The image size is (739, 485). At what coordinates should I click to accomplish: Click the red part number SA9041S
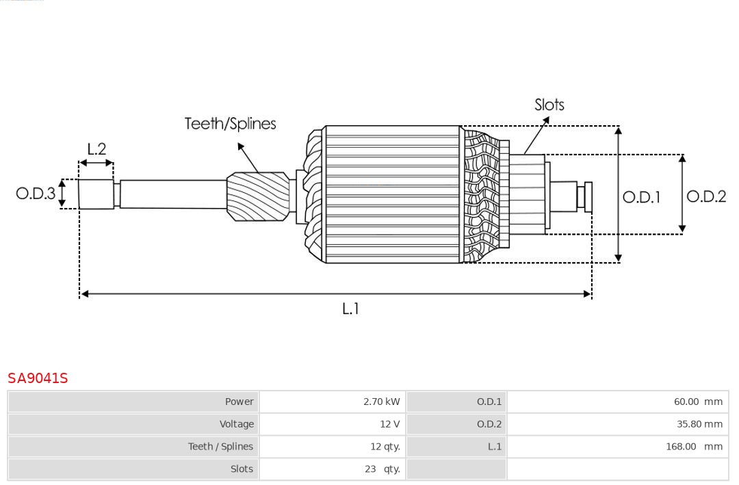click(x=38, y=378)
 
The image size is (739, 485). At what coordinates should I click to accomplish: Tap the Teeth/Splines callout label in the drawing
click(x=230, y=124)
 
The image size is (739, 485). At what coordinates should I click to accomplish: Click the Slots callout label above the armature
click(x=549, y=105)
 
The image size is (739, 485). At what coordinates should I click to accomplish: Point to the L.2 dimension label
click(x=96, y=149)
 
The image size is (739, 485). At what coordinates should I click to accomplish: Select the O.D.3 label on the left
click(x=36, y=194)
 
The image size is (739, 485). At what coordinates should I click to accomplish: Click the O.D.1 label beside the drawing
click(x=641, y=198)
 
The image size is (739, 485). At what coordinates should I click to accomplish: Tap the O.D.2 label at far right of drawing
click(x=705, y=197)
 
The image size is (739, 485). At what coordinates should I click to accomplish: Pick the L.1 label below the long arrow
click(x=350, y=309)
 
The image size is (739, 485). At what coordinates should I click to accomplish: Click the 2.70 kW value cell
click(x=381, y=402)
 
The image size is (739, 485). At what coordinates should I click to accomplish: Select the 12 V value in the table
click(x=389, y=424)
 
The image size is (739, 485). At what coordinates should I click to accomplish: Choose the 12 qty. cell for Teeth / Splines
click(x=385, y=447)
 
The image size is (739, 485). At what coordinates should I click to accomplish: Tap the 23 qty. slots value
click(x=382, y=469)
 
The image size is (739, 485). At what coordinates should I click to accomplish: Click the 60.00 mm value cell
click(x=697, y=402)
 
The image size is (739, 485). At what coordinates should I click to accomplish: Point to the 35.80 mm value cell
click(x=699, y=424)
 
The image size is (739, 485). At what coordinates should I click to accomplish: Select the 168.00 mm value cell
click(x=695, y=447)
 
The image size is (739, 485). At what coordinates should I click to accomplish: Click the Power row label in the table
click(x=239, y=402)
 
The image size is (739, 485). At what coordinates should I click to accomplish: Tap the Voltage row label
click(x=236, y=424)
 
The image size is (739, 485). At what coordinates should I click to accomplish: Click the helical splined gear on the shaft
click(x=259, y=196)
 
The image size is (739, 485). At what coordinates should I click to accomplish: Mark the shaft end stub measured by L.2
click(x=96, y=194)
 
